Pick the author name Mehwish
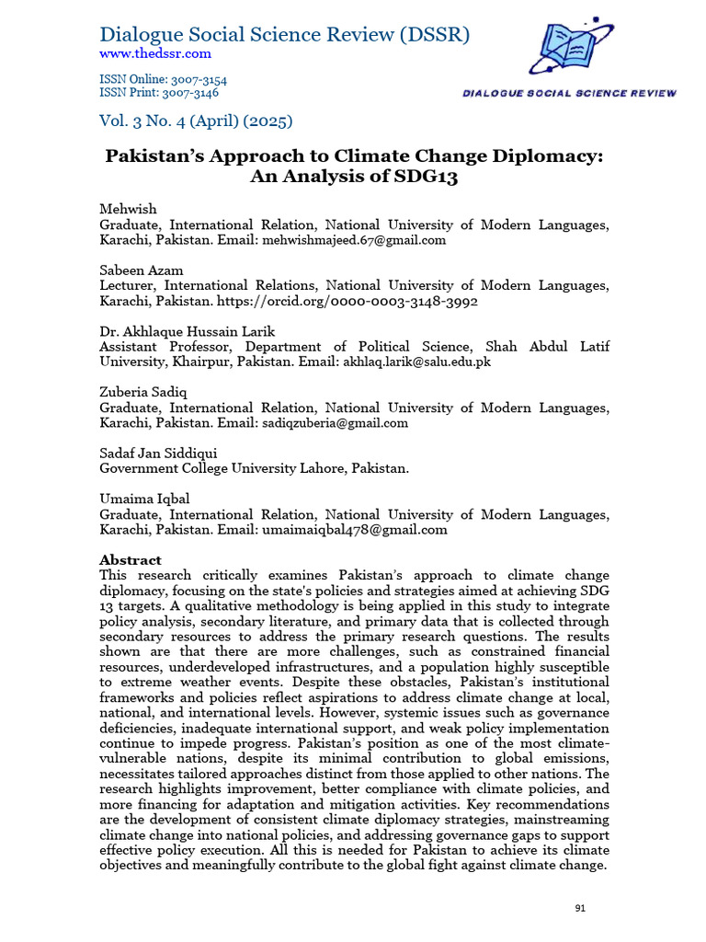click(128, 210)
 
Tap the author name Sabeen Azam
click(141, 270)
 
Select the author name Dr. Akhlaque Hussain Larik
click(188, 331)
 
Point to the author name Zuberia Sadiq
click(142, 392)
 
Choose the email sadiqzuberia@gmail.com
click(335, 423)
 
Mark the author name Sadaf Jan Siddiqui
click(157, 454)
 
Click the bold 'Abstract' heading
click(131, 559)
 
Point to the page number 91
click(580, 908)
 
